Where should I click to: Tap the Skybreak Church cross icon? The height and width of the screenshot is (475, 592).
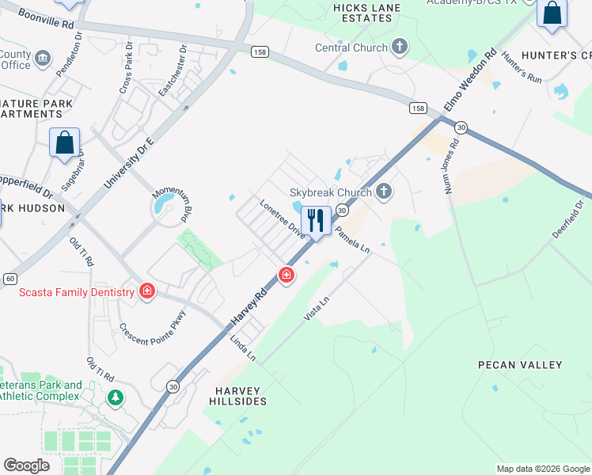tap(384, 191)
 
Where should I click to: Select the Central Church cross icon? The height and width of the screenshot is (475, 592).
tap(400, 47)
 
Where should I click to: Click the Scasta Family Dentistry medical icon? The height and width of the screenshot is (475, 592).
tap(146, 292)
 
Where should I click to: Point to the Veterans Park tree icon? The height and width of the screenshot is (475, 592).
tap(116, 397)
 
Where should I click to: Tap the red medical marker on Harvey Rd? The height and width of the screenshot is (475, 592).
tap(286, 275)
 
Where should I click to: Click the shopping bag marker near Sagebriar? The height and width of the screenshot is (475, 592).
tap(65, 142)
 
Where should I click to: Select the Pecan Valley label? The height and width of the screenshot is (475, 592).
tap(520, 365)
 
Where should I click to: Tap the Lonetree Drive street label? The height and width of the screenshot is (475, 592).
tap(283, 218)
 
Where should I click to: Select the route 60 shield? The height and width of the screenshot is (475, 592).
tap(9, 279)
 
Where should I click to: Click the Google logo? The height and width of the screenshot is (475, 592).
tap(26, 465)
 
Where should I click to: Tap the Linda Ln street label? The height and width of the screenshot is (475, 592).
tap(243, 348)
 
